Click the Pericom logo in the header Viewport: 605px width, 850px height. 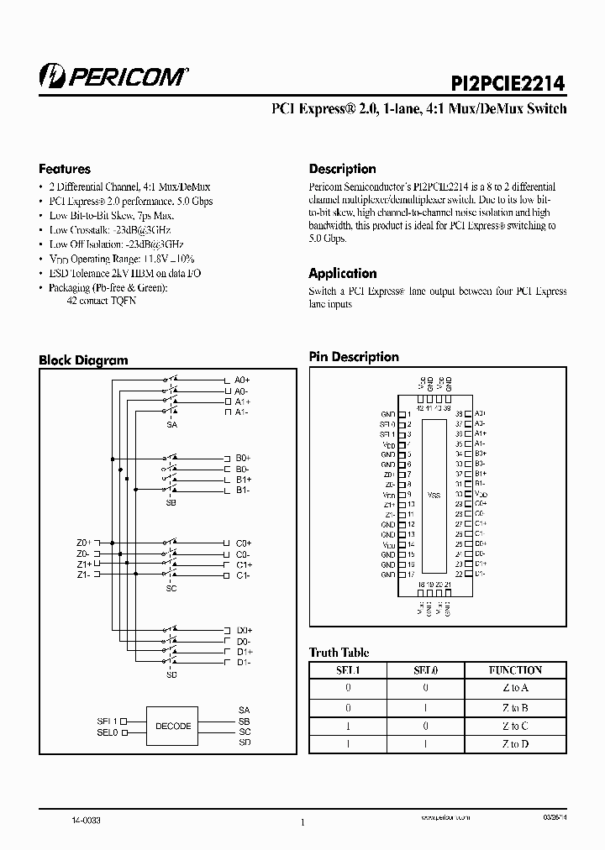(x=113, y=76)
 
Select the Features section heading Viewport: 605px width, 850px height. (x=65, y=168)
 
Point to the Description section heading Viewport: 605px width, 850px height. (x=342, y=168)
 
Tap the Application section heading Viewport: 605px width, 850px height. (x=342, y=273)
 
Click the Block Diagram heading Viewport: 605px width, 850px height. (x=83, y=360)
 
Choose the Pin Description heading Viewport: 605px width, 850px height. (x=354, y=357)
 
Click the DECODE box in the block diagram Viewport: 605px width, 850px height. (x=173, y=726)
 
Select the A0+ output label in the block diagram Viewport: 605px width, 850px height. (x=243, y=380)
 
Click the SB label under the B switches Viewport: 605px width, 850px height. (x=172, y=501)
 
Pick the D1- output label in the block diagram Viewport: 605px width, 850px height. (x=243, y=663)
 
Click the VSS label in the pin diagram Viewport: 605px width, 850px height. (x=434, y=496)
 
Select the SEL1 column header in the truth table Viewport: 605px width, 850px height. (x=347, y=670)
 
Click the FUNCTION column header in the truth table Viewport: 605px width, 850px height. (x=515, y=670)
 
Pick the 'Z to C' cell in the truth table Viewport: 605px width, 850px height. (x=515, y=726)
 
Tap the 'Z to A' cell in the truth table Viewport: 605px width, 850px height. (x=515, y=688)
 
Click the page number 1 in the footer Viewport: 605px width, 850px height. (x=302, y=823)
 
